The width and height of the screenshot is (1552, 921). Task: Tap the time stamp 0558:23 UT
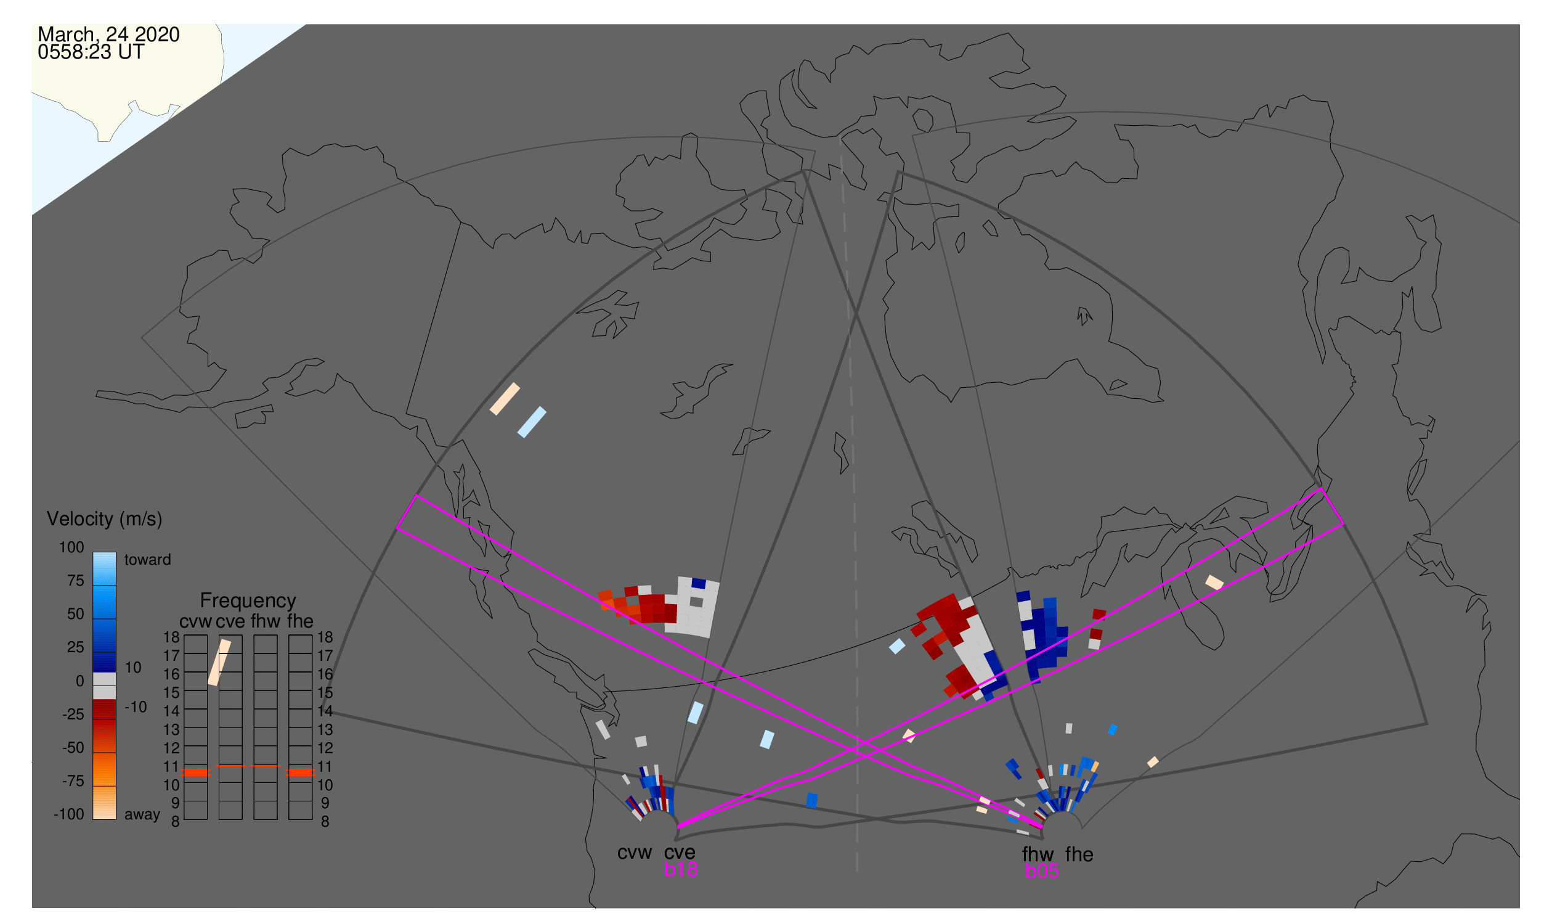point(91,52)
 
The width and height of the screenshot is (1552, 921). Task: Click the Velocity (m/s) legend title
point(105,520)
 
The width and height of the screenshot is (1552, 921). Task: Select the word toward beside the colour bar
point(148,560)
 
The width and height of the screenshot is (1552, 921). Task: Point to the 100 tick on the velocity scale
point(71,547)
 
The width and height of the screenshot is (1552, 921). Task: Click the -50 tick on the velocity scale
point(73,748)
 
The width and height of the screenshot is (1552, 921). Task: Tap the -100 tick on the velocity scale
point(69,814)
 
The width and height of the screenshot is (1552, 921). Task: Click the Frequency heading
point(248,601)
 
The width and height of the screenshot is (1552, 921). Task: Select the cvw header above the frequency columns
point(196,622)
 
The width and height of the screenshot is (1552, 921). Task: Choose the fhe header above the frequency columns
point(300,622)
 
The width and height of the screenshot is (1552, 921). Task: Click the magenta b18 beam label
point(681,869)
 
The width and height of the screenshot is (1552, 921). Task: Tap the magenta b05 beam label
point(1042,871)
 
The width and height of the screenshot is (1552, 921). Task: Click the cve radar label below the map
point(680,853)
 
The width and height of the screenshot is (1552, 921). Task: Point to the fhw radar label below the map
point(1038,855)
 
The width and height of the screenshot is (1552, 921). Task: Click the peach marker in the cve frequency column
point(219,663)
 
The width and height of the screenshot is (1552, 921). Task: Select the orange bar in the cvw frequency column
point(196,773)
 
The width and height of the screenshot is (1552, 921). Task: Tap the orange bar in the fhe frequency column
point(301,773)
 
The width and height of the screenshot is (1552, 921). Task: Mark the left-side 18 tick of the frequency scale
point(171,637)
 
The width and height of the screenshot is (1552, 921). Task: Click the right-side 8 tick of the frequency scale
point(325,822)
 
